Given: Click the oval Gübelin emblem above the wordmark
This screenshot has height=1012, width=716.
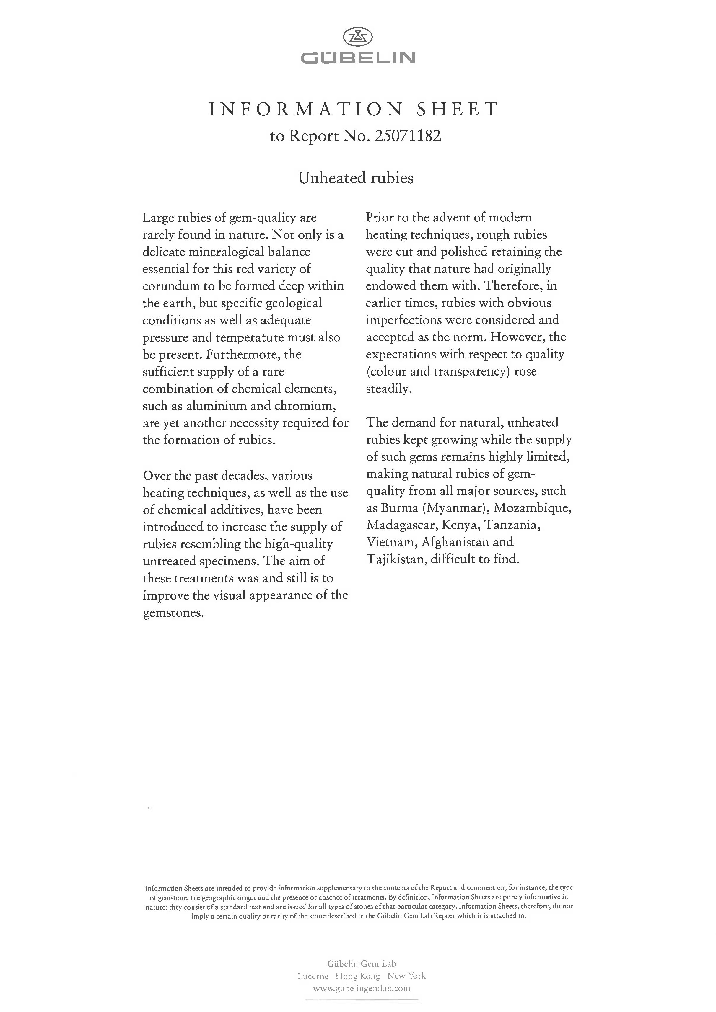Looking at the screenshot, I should [x=358, y=37].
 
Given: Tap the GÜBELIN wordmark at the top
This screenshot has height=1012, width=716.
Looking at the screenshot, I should [x=358, y=58].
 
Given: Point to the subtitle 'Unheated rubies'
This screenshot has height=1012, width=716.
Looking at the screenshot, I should [x=356, y=178].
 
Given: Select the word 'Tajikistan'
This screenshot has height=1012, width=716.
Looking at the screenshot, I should [x=395, y=559].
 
